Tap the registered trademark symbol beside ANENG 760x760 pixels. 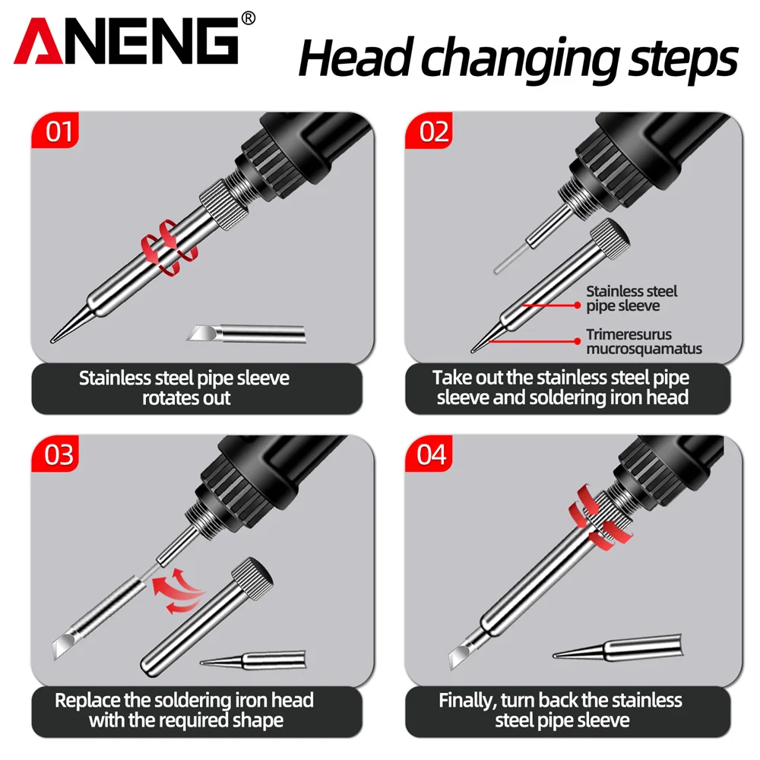point(249,18)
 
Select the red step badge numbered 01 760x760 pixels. point(55,130)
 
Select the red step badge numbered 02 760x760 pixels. point(429,130)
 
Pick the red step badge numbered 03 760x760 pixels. point(55,454)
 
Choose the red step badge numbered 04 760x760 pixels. point(429,454)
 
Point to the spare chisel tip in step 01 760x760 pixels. point(246,334)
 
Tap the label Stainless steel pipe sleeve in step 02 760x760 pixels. point(631,299)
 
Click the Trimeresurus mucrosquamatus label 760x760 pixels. point(644,341)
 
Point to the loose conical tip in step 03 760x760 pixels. point(254,660)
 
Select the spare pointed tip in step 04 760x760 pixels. point(617,648)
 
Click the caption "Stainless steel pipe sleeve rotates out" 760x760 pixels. point(185,388)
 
